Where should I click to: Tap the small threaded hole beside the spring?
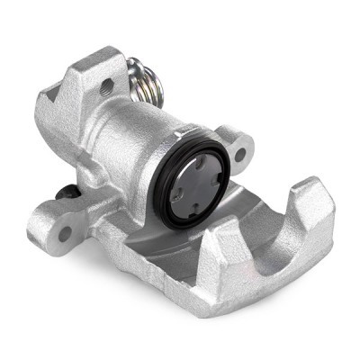(x=107, y=88)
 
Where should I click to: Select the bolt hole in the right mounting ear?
(x=239, y=154)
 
